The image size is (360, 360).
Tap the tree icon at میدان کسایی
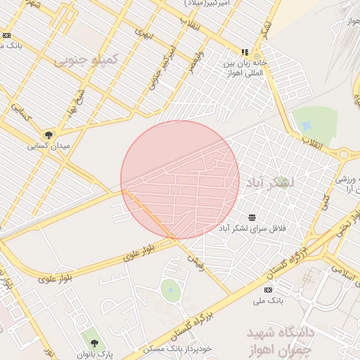(x=49, y=135)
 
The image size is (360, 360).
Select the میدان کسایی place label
(x=48, y=147)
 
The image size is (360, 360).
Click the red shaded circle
(x=180, y=179)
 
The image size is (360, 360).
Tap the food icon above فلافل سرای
(x=252, y=216)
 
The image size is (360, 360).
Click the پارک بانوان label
(x=95, y=353)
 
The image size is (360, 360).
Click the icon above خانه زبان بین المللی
(x=245, y=52)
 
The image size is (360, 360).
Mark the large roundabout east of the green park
(x=345, y=154)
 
